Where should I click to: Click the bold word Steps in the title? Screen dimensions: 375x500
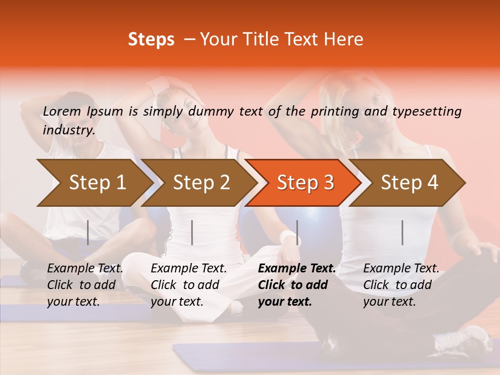[x=151, y=40]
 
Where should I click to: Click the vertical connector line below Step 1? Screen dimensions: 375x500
[x=88, y=232]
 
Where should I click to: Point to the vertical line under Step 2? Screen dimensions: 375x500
[x=192, y=232]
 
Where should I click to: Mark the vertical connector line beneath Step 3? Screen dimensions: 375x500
[x=297, y=232]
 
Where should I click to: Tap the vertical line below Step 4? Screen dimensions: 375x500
[x=403, y=232]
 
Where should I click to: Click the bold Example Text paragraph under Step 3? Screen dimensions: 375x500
[x=297, y=285]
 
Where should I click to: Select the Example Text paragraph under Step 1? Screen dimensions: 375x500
[x=85, y=285]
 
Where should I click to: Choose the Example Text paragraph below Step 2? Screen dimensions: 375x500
[x=189, y=285]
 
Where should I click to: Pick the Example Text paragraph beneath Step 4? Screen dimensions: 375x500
[x=401, y=285]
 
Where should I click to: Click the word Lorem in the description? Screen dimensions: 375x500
[x=62, y=111]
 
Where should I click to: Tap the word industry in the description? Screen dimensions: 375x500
[x=69, y=130]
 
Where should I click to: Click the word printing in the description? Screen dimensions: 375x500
[x=335, y=111]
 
